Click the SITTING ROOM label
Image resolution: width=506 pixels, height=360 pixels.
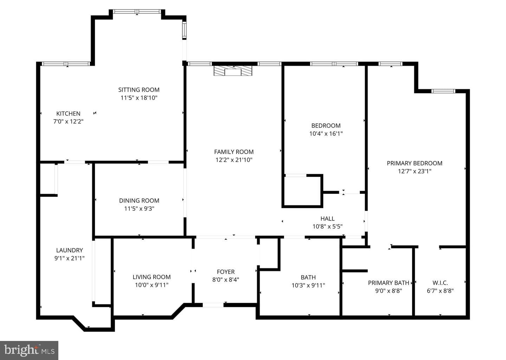[x=139, y=90]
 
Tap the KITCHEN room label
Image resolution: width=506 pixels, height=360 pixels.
[x=68, y=114]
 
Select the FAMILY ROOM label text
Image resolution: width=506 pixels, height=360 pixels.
[x=234, y=152]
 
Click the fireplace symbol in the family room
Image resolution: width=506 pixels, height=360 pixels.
[x=233, y=71]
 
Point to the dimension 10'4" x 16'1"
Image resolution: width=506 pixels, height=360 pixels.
[x=326, y=134]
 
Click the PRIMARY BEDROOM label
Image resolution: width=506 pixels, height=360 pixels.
[x=415, y=163]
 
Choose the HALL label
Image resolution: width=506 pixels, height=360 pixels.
[x=327, y=219]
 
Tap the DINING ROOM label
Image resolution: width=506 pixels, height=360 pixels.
[x=139, y=200]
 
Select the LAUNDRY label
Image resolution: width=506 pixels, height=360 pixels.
[x=69, y=250]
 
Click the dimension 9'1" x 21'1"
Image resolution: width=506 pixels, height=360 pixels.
[x=69, y=258]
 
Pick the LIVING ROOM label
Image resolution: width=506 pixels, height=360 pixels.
[x=151, y=277]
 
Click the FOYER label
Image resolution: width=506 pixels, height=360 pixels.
[x=226, y=272]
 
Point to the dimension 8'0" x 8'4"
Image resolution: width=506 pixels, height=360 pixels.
[x=226, y=279]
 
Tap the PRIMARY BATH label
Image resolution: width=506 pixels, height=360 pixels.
[x=389, y=283]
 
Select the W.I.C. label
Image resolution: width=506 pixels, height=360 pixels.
[x=440, y=283]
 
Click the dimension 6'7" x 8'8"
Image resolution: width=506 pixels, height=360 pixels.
[x=440, y=291]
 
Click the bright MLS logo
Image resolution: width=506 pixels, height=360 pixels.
[x=29, y=350]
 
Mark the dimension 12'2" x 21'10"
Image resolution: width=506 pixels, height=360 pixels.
[x=234, y=160]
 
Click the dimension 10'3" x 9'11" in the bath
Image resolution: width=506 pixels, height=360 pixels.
[x=308, y=285]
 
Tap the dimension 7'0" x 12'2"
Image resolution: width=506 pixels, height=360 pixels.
[x=68, y=121]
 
